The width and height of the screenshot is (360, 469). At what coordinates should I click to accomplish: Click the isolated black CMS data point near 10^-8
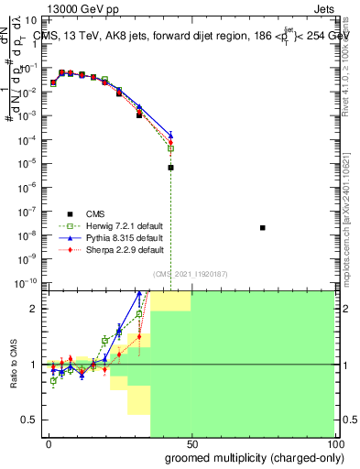[x=263, y=227]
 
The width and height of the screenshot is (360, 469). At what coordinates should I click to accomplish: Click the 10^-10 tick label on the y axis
[x=29, y=283]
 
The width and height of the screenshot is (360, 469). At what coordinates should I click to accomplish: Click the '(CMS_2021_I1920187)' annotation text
[x=190, y=273]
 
